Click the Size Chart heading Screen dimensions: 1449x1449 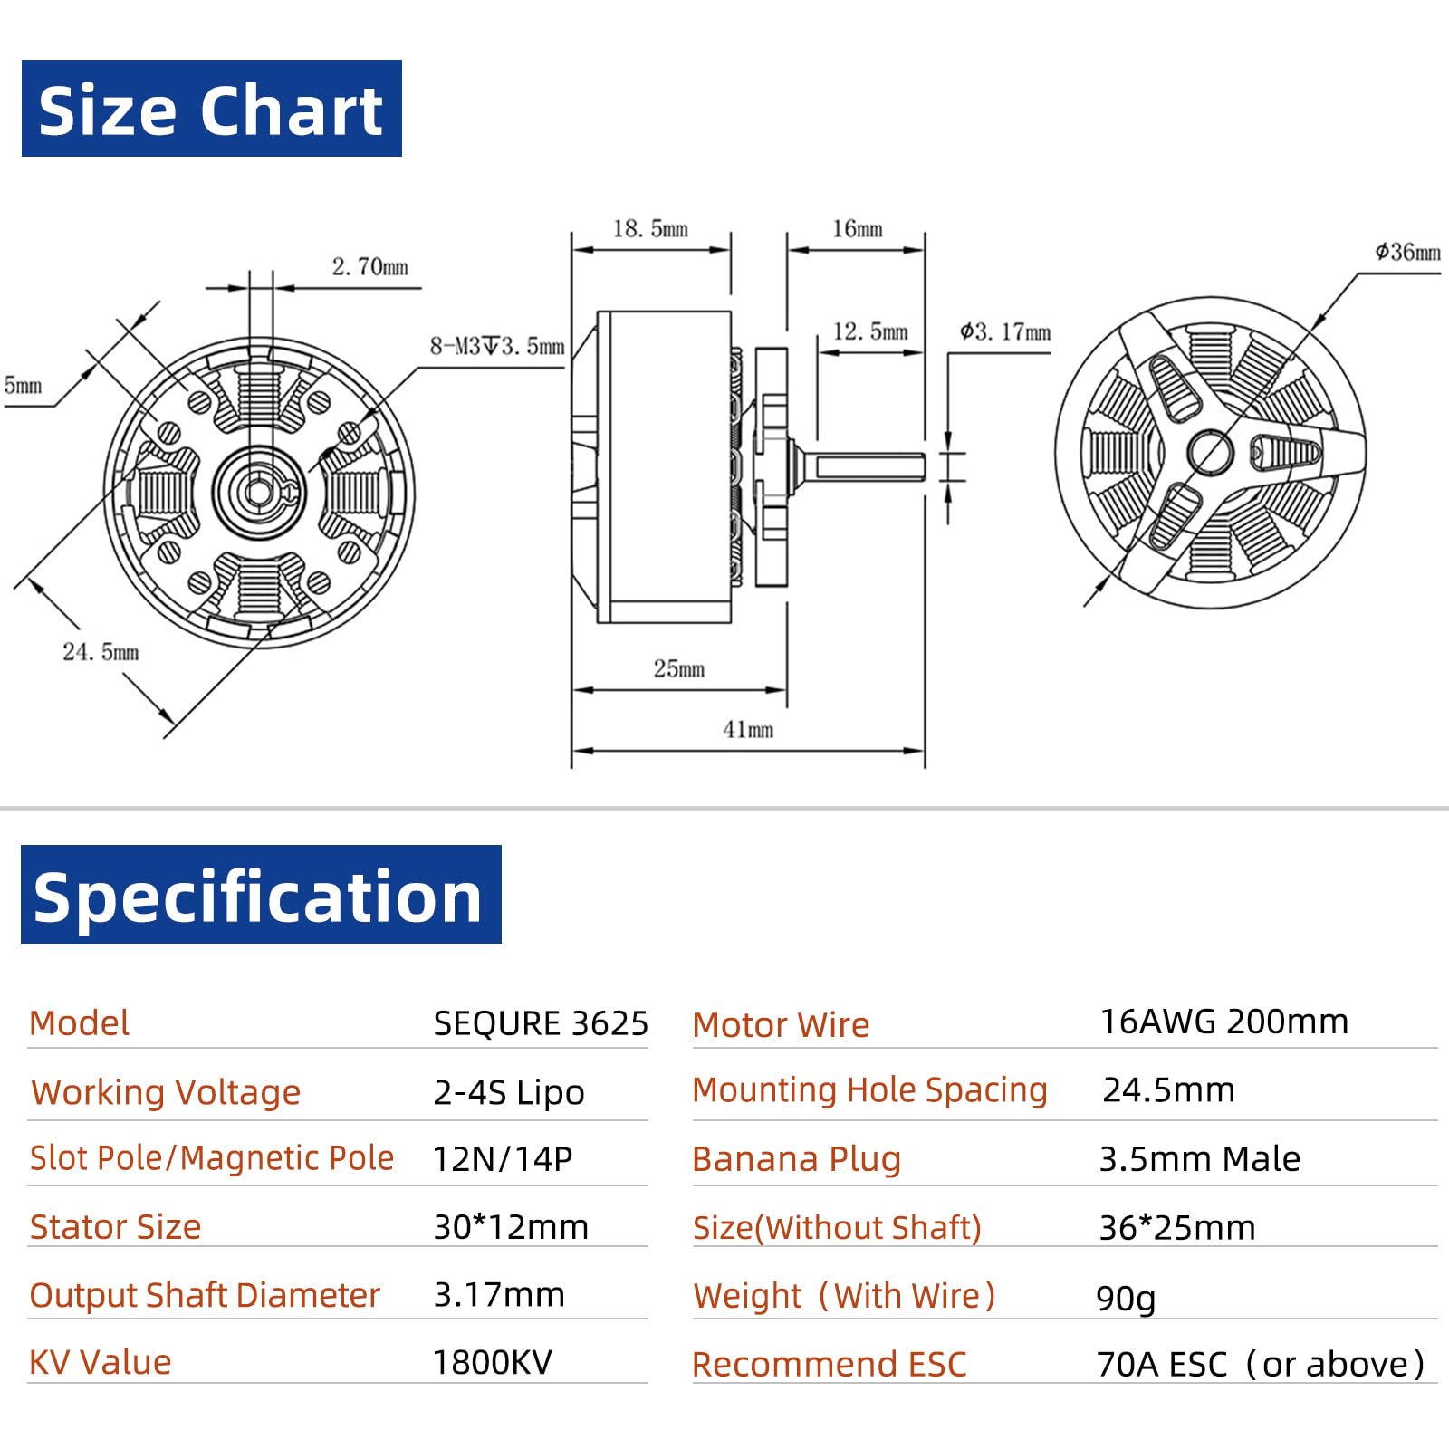[211, 109]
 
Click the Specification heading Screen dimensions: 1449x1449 [260, 895]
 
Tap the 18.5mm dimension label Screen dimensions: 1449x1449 [650, 229]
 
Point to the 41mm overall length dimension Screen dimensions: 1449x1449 [748, 730]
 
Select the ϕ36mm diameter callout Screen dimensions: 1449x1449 [1406, 252]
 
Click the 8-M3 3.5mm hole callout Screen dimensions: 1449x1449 [496, 346]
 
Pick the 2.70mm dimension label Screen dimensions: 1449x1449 [369, 267]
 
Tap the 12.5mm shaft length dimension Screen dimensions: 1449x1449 [869, 331]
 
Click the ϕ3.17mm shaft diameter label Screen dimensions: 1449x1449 [1005, 331]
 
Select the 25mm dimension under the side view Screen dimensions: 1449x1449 [679, 668]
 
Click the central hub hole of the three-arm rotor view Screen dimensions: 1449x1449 [1210, 451]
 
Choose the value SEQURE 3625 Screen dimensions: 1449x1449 [540, 1023]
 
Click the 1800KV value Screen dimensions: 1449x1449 [492, 1362]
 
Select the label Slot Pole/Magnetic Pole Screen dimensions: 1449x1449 [211, 1158]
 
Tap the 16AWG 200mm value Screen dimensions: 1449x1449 [1223, 1022]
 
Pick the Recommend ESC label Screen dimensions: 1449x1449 [829, 1364]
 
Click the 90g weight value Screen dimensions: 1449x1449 [1126, 1298]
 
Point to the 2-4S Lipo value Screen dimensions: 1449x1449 [508, 1092]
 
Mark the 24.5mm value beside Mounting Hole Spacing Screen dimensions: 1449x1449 [1168, 1089]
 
